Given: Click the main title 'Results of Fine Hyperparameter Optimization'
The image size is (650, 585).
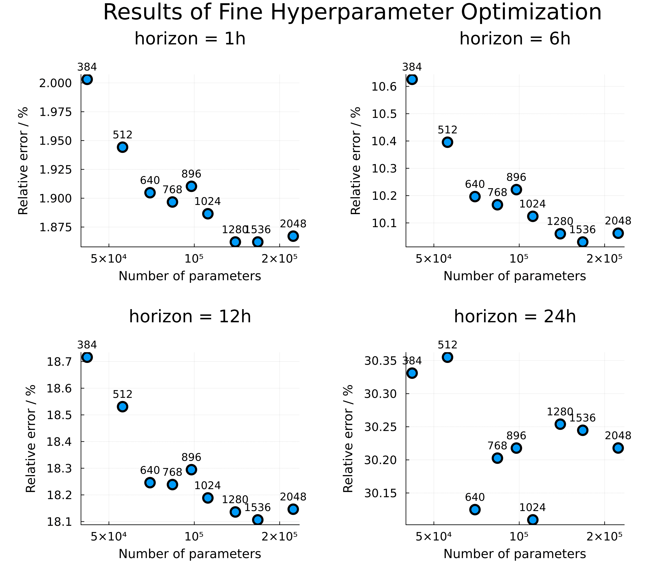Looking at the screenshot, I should (x=352, y=13).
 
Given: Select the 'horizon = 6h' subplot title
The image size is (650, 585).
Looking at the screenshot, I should (x=515, y=39).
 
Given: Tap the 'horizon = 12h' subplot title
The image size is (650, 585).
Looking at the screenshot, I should (x=190, y=317).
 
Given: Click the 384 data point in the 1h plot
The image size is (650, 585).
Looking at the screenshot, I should (x=87, y=79).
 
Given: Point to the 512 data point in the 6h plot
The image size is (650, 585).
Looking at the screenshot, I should (x=447, y=142).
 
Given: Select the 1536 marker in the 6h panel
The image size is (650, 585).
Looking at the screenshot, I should (x=582, y=242).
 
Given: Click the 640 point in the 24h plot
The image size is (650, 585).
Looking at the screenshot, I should (x=475, y=509).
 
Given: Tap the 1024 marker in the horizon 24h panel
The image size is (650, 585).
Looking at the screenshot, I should (x=533, y=520).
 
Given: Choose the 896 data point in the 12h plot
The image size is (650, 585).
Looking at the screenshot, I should (x=191, y=470).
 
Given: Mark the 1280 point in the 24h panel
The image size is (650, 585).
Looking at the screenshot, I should (x=560, y=424).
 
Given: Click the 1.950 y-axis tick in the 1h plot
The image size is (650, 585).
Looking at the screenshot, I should (x=55, y=141).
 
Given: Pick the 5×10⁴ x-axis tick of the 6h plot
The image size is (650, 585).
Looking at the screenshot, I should (x=433, y=259).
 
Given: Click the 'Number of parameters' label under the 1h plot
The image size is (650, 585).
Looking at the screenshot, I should (x=190, y=276).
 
